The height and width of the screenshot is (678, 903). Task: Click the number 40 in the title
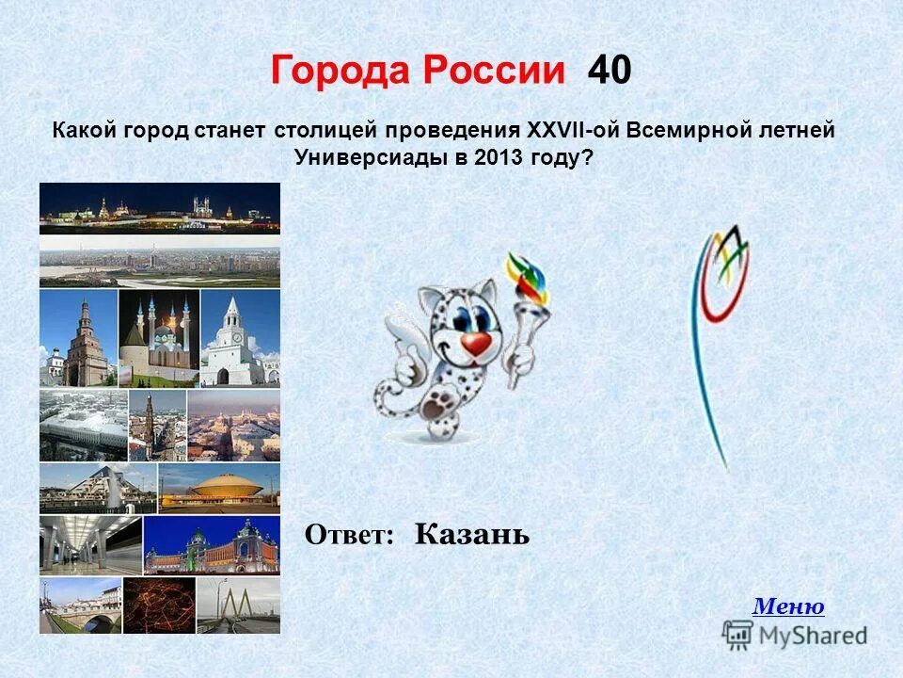point(610,71)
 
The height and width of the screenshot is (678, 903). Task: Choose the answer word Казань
point(472,535)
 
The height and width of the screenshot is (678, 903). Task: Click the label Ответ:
point(349,536)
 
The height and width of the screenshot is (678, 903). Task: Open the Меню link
point(788,606)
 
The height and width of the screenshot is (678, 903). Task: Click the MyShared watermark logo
point(796,635)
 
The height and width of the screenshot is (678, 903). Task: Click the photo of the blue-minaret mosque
point(158,337)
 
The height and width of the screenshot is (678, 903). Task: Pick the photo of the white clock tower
point(239,337)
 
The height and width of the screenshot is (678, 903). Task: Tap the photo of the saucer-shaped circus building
point(218,488)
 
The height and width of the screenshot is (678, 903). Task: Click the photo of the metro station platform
point(89,544)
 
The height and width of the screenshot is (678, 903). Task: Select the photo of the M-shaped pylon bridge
point(238,605)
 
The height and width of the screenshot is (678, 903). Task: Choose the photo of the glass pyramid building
point(97,488)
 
